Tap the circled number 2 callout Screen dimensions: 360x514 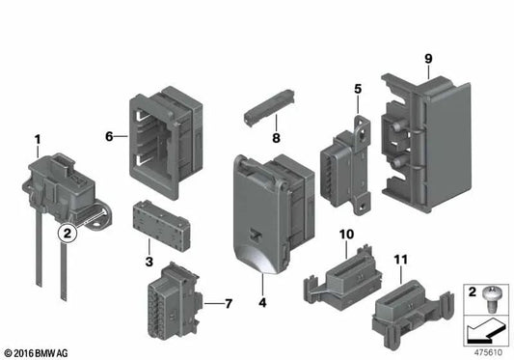(66, 232)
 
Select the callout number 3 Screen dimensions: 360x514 (149, 262)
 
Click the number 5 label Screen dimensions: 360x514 (357, 90)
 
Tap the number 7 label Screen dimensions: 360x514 (228, 305)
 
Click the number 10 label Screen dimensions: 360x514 (346, 235)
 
